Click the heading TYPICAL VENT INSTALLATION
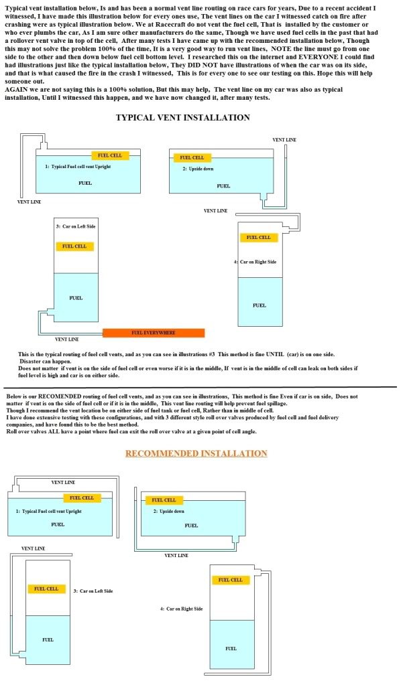183,118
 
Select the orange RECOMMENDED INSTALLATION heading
196,453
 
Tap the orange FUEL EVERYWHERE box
154,333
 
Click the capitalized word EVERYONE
318,57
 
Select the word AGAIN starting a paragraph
15,90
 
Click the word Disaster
31,362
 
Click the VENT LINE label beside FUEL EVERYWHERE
67,339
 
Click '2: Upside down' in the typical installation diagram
198,169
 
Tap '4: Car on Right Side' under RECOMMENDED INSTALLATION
182,609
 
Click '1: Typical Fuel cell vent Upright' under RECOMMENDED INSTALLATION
48,512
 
